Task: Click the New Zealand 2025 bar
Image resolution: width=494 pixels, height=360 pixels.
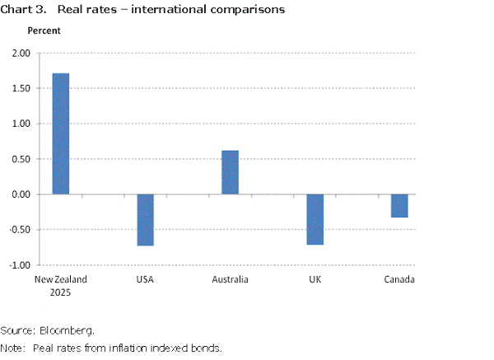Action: (61, 133)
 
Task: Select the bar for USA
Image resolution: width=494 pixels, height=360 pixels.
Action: (146, 220)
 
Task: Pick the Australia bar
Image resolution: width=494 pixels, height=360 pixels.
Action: (231, 172)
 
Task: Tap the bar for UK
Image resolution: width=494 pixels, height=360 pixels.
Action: (315, 219)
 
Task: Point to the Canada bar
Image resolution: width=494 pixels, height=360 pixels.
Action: (399, 206)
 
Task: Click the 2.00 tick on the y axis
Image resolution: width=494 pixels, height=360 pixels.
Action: (20, 54)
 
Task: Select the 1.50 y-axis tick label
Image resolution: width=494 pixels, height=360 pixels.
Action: (20, 88)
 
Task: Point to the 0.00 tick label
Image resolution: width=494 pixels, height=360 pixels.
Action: (20, 194)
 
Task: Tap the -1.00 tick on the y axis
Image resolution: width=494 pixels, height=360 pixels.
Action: (18, 265)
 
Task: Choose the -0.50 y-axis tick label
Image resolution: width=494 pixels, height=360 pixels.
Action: (18, 230)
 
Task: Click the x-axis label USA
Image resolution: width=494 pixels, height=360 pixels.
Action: (146, 279)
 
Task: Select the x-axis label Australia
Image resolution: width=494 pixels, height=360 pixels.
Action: (231, 279)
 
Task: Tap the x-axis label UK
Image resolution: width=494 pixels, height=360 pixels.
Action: (315, 279)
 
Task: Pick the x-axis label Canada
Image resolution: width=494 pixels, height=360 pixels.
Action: (400, 279)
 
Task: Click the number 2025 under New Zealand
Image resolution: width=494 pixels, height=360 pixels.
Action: (61, 291)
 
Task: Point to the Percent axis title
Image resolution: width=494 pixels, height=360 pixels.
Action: (44, 30)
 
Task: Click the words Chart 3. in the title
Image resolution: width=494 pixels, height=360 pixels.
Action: (23, 10)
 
